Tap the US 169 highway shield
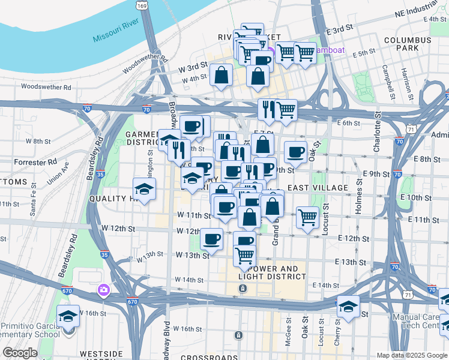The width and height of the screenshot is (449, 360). coord(142,5)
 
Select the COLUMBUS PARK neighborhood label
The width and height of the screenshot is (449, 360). coord(408,44)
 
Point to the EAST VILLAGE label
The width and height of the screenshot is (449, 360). coord(318,188)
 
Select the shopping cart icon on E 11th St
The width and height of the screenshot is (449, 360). coord(307,217)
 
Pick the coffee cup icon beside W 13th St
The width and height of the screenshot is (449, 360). coord(211,239)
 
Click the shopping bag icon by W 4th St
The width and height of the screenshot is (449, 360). coord(221,76)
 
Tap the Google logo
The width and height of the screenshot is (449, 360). coord(20,353)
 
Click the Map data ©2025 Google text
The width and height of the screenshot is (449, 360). coord(412,355)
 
